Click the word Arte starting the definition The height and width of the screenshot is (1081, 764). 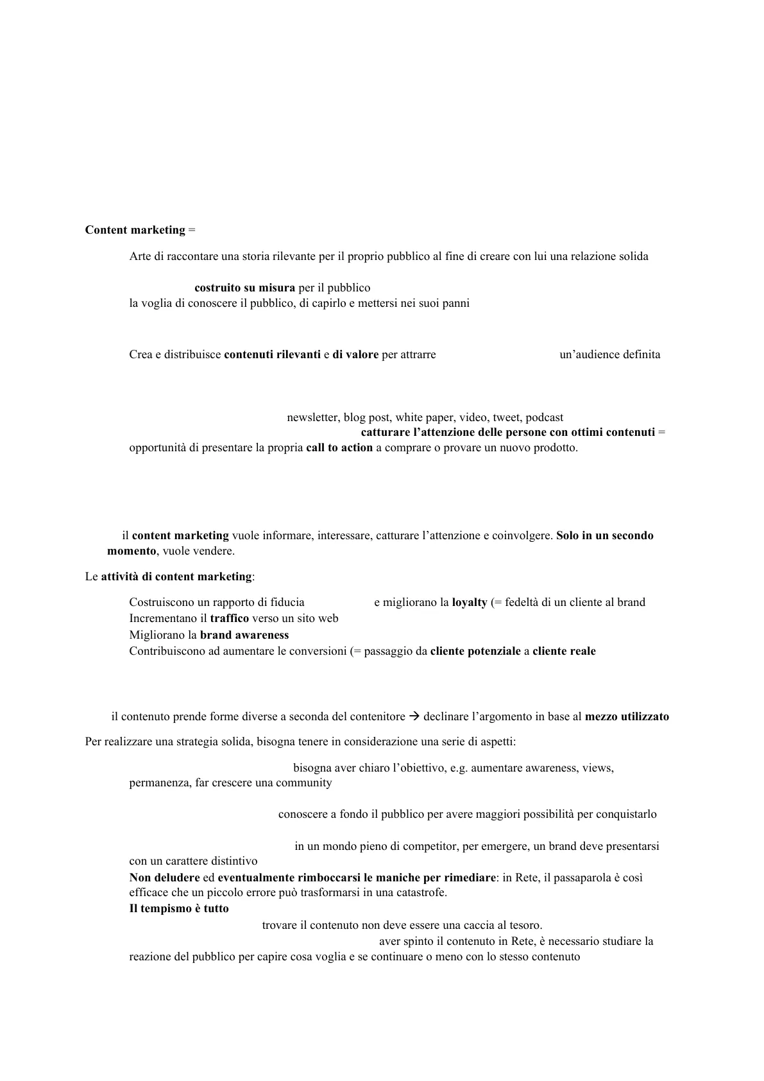pos(140,257)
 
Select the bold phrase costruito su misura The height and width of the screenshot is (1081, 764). pos(244,288)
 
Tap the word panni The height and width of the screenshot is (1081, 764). pos(455,304)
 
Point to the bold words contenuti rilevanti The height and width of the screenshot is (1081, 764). pos(272,355)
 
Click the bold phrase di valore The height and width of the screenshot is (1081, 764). pos(355,355)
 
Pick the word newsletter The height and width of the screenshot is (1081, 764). pos(312,418)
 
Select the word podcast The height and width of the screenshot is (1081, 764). pos(545,418)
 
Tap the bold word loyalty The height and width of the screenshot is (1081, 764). pos(470,603)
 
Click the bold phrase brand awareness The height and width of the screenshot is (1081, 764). pos(244,636)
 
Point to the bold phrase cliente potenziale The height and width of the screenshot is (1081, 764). pos(475,652)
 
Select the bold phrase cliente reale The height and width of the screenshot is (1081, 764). pos(564,652)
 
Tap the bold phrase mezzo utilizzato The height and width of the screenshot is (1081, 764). pos(627,717)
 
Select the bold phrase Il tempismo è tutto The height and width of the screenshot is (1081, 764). pos(179,909)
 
